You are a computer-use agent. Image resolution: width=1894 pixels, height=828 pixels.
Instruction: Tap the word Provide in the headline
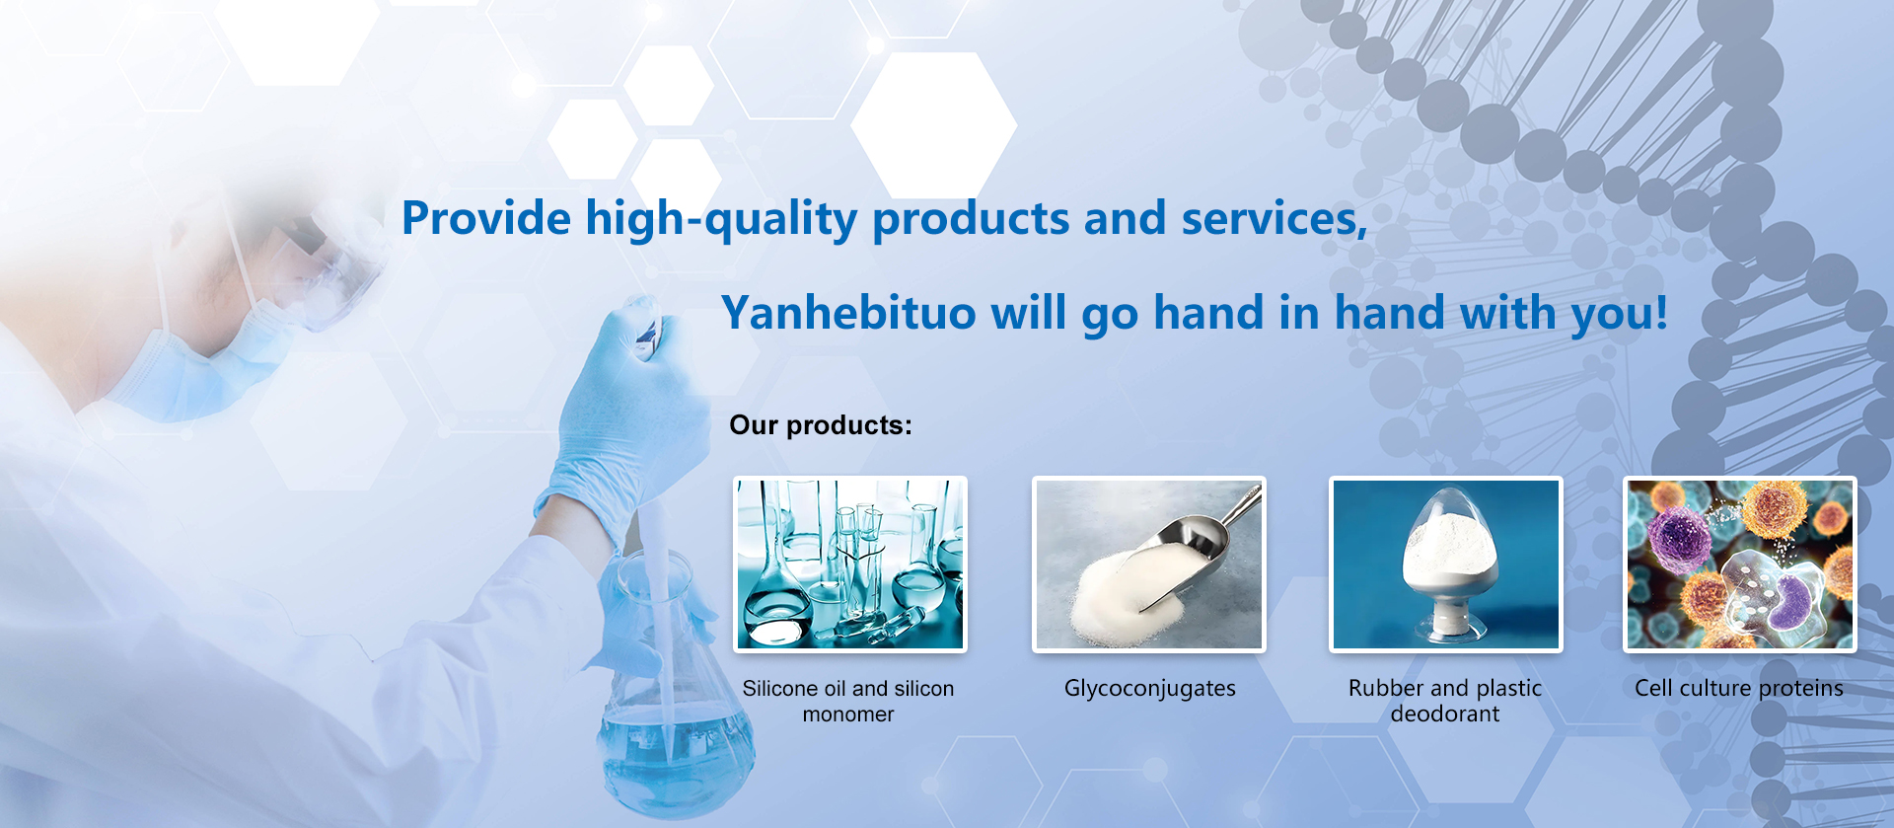pyautogui.click(x=486, y=218)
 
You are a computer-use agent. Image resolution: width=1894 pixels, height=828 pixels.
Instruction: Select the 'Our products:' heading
pyautogui.click(x=821, y=425)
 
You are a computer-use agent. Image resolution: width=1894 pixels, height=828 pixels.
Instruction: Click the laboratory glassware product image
pyautogui.click(x=850, y=564)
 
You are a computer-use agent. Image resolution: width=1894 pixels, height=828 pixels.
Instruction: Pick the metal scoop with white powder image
pyautogui.click(x=1149, y=564)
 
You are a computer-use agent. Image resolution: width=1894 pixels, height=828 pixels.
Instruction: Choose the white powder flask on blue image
pyautogui.click(x=1446, y=564)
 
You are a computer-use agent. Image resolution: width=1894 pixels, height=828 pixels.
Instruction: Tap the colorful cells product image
pyautogui.click(x=1740, y=564)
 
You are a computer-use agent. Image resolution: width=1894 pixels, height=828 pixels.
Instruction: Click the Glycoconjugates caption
pyautogui.click(x=1150, y=689)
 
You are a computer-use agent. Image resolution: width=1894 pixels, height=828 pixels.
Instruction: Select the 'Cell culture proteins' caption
pyautogui.click(x=1739, y=688)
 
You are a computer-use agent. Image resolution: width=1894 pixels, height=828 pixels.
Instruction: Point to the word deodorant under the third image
pyautogui.click(x=1445, y=714)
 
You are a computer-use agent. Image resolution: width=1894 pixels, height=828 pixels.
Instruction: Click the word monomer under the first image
pyautogui.click(x=848, y=715)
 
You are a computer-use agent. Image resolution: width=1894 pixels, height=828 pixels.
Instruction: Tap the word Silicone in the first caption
pyautogui.click(x=780, y=688)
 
